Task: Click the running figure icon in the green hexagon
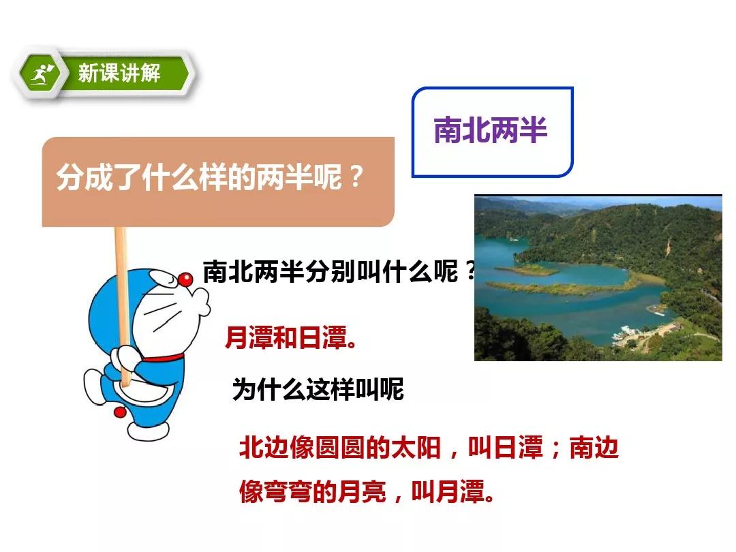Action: tap(42, 74)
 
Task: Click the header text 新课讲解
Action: tap(119, 74)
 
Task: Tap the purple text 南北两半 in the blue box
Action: tap(491, 130)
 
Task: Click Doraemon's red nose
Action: tap(185, 279)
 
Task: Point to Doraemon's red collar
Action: tap(163, 358)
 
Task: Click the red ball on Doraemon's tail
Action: tap(120, 412)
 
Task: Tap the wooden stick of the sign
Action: tap(122, 305)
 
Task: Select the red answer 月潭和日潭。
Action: tap(291, 337)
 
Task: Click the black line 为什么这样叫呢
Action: tap(318, 390)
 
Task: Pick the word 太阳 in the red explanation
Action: tap(416, 447)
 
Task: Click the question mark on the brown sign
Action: tap(356, 177)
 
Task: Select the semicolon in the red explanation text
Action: tap(556, 449)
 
